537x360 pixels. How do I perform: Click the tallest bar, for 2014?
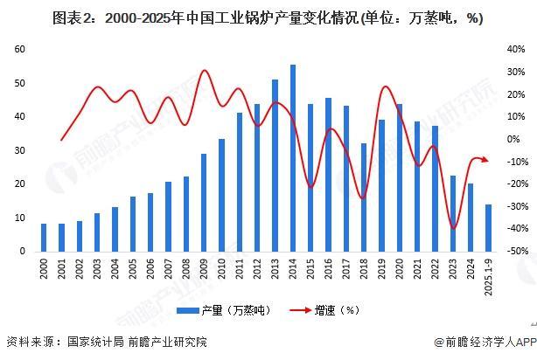pyautogui.click(x=292, y=157)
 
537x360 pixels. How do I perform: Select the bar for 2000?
pyautogui.click(x=44, y=237)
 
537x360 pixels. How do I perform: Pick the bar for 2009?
pyautogui.click(x=204, y=202)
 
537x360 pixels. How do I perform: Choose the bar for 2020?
pyautogui.click(x=400, y=177)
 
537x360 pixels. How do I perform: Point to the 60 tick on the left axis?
pyautogui.click(x=19, y=50)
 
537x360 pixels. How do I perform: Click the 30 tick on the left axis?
pyautogui.click(x=19, y=150)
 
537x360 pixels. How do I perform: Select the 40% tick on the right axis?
pyautogui.click(x=515, y=50)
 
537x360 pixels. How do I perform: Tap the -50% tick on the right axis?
pyautogui.click(x=515, y=251)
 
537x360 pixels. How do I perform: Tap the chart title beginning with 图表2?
pyautogui.click(x=268, y=17)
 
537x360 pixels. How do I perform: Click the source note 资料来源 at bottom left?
pyautogui.click(x=105, y=342)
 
